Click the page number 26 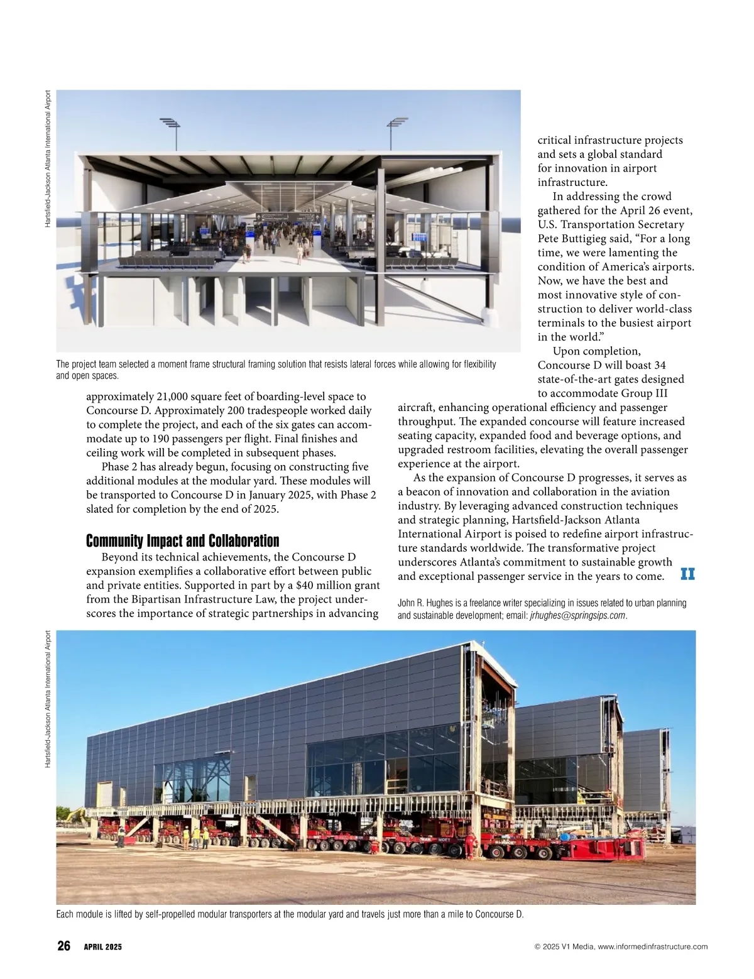(63, 946)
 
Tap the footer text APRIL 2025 (103, 947)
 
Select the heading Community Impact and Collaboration (182, 541)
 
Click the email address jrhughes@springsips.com (574, 615)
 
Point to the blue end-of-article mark (687, 574)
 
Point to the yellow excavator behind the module (76, 815)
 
